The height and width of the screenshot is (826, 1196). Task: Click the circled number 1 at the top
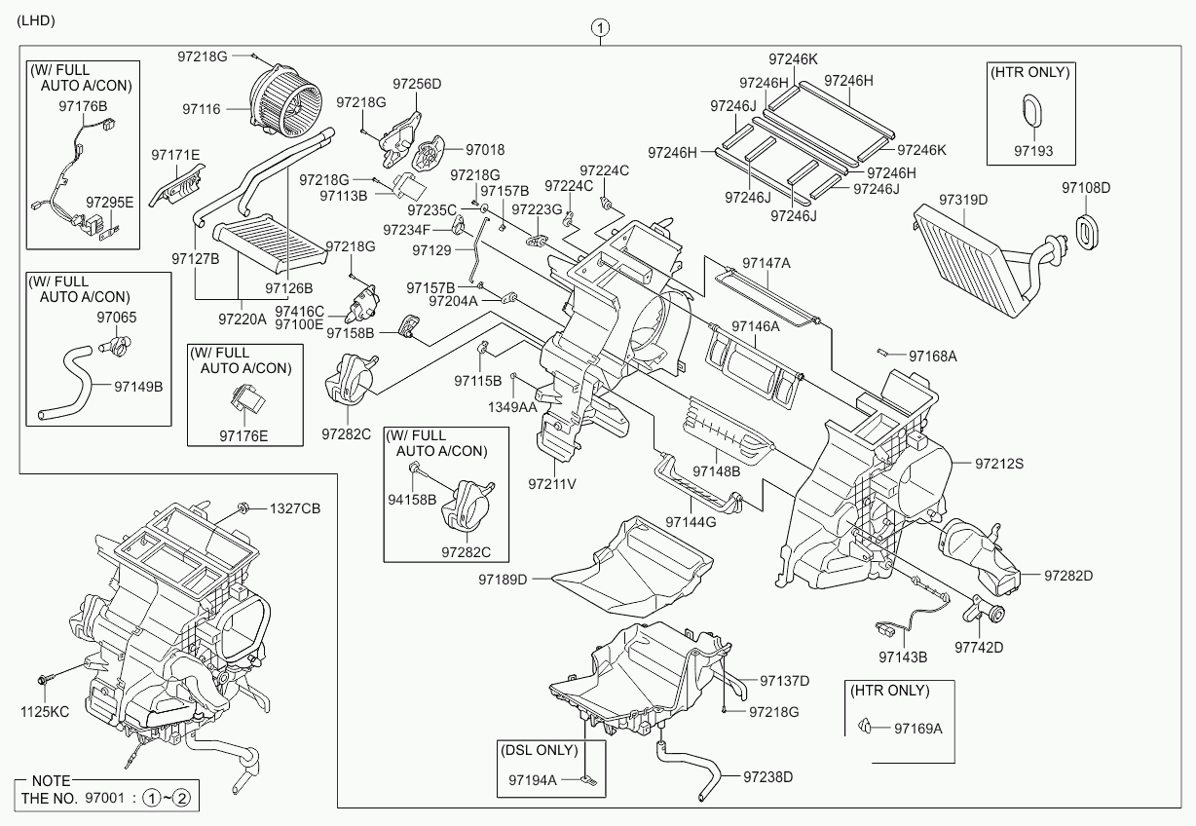pyautogui.click(x=602, y=29)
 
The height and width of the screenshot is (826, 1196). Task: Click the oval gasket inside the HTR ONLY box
pyautogui.click(x=1033, y=111)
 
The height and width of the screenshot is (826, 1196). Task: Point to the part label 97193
pyautogui.click(x=1033, y=152)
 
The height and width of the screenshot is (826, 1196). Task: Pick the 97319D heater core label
pyautogui.click(x=963, y=200)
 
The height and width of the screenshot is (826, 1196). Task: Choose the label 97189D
pyautogui.click(x=503, y=580)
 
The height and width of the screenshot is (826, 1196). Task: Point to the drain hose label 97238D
pyautogui.click(x=767, y=777)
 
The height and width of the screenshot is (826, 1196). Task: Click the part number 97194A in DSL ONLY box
pyautogui.click(x=532, y=779)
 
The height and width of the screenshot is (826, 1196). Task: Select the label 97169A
pyautogui.click(x=918, y=728)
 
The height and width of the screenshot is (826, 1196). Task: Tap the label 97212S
pyautogui.click(x=998, y=465)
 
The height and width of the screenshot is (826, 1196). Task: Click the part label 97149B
pyautogui.click(x=138, y=386)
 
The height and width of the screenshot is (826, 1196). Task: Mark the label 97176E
pyautogui.click(x=243, y=435)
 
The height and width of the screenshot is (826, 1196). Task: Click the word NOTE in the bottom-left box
pyautogui.click(x=51, y=781)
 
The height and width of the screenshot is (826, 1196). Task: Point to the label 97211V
pyautogui.click(x=552, y=482)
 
